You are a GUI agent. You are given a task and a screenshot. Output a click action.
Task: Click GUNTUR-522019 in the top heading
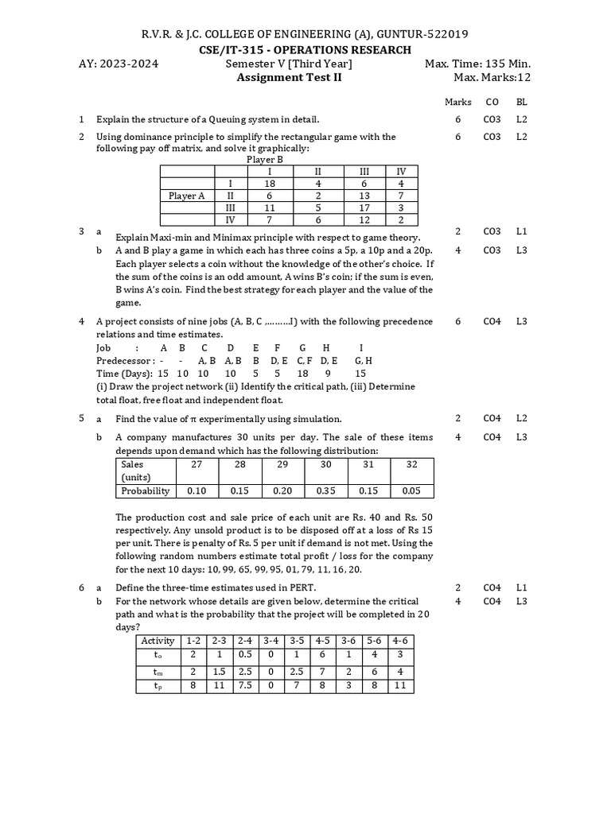coord(421,33)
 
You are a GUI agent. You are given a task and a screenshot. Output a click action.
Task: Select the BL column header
coord(521,102)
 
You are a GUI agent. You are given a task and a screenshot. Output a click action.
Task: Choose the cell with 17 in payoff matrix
coord(364,207)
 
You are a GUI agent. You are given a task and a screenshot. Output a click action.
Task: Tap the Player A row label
coord(187,196)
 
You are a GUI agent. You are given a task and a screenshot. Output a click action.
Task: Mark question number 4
coord(81,321)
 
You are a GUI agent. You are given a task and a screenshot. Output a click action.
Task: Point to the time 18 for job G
coord(302,374)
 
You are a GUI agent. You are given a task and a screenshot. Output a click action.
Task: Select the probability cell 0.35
coord(325,490)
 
